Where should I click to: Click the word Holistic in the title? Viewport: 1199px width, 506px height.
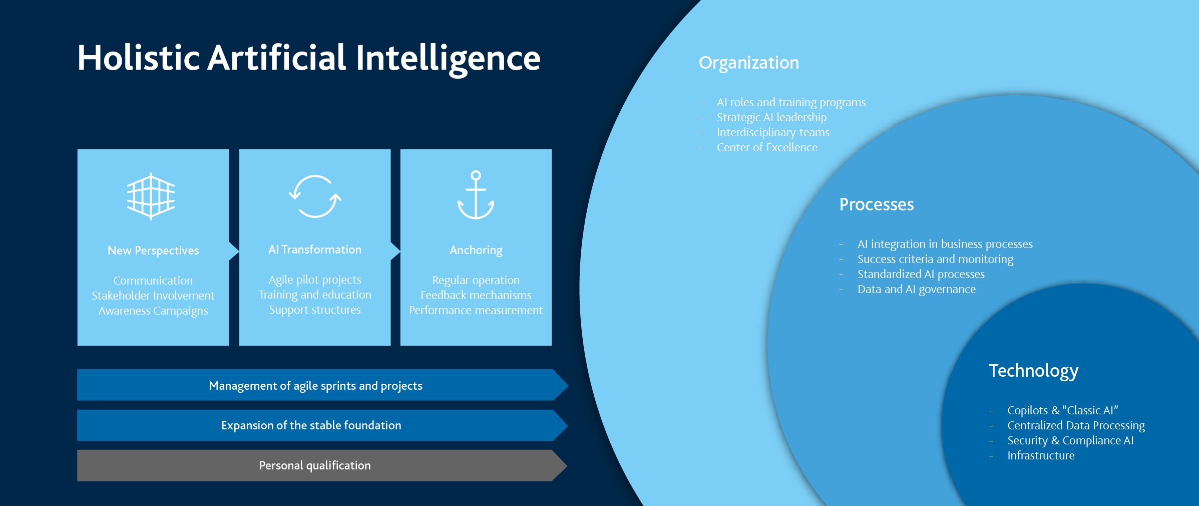139,58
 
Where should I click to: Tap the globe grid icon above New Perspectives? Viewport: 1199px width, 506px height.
151,196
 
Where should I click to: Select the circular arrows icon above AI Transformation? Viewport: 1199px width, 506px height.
315,196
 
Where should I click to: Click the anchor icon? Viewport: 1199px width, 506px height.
476,195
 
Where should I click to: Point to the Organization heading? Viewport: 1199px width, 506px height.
748,63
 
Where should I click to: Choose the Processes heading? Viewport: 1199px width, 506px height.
876,204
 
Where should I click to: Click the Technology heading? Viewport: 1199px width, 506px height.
1033,371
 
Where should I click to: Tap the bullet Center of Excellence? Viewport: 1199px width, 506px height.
766,147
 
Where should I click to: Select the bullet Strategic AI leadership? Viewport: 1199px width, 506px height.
771,117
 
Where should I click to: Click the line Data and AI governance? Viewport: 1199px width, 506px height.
916,289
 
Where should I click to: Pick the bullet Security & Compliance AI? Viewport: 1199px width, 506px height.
1070,440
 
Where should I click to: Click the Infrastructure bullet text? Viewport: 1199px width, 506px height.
1040,455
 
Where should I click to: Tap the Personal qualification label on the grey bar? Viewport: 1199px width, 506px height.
315,465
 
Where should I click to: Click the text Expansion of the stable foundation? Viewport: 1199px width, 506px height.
311,425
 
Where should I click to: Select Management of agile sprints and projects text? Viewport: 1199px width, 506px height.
315,386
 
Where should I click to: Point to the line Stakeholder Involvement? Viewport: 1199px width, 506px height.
153,296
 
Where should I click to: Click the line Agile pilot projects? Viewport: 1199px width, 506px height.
314,280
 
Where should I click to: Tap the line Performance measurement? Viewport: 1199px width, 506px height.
476,310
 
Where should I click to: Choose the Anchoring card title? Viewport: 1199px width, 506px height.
476,250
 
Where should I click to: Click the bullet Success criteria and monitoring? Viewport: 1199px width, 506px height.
935,259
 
